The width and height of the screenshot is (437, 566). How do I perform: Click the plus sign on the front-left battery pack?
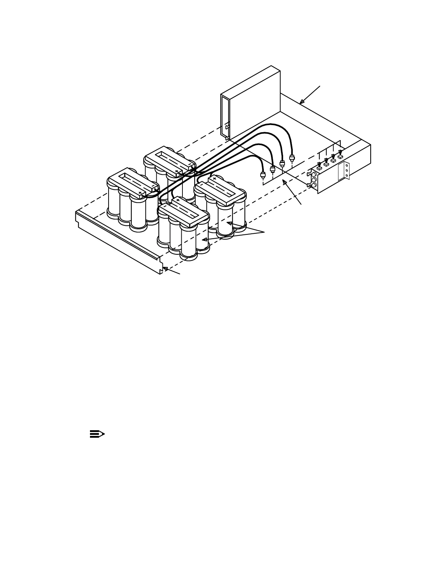(140, 193)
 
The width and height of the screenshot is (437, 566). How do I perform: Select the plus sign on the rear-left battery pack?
(176, 172)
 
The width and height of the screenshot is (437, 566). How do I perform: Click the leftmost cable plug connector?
(263, 175)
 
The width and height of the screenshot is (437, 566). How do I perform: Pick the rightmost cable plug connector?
(292, 158)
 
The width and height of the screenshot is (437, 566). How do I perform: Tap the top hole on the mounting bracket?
(346, 166)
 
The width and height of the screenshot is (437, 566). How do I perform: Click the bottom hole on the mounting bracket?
(346, 175)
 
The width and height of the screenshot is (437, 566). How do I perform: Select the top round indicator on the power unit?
(314, 174)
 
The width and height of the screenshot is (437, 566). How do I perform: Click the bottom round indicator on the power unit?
(314, 185)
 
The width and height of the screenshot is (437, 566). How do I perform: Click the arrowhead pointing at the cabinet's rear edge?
(301, 102)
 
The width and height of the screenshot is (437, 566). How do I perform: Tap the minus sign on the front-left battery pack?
(152, 185)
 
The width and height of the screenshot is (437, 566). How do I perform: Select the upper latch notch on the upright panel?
(227, 126)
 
